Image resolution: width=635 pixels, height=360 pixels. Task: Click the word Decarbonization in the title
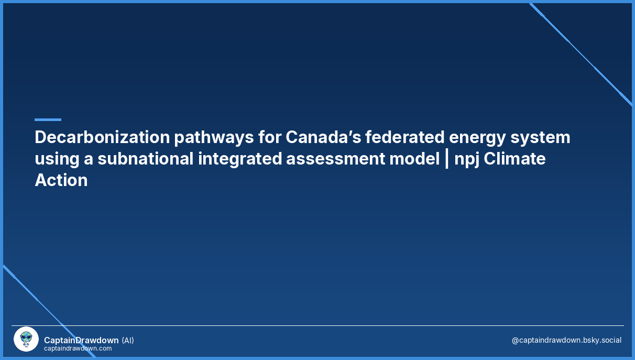[x=102, y=137]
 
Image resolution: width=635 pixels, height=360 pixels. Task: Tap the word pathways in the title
[x=214, y=138]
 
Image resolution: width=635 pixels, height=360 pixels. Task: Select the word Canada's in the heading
[x=323, y=137]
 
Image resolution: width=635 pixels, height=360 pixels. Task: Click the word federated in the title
[x=404, y=137]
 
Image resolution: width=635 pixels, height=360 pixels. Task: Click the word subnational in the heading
[x=146, y=158]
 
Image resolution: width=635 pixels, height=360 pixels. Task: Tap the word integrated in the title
[x=240, y=160]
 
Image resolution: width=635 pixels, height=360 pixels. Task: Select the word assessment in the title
[x=336, y=159]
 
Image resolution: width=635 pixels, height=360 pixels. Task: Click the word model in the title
[x=414, y=158]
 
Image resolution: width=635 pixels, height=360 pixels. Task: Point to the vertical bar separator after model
[x=447, y=160]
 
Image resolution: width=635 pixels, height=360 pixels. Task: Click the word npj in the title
[x=467, y=160]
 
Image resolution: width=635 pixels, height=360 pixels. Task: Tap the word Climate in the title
[x=514, y=158]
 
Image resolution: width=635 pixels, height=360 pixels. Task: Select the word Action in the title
[x=61, y=180]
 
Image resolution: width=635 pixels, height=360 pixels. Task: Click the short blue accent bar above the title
[x=48, y=119]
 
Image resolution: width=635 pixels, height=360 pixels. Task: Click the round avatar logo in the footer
[x=26, y=339]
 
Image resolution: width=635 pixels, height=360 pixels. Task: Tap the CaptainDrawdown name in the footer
[x=81, y=340]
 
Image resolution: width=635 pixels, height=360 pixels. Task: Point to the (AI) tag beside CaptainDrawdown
[x=127, y=340]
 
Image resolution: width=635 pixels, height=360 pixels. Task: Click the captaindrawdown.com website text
[x=78, y=348]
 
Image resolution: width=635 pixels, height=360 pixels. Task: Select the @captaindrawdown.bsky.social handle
[x=566, y=340]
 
